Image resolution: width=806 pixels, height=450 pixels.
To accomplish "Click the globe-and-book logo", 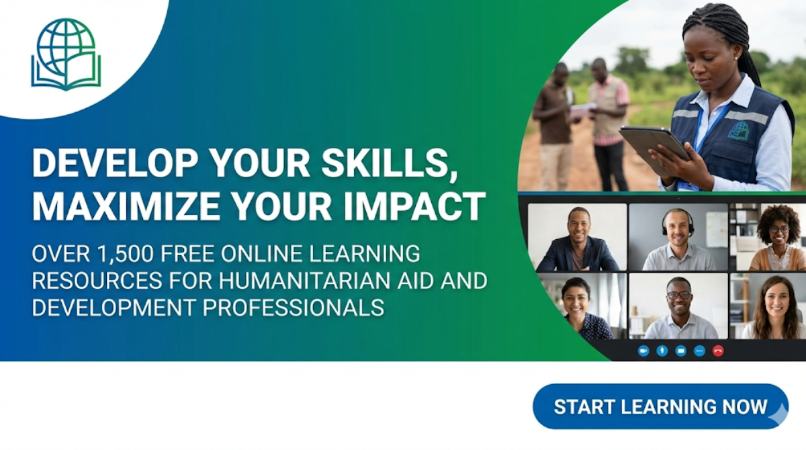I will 66,54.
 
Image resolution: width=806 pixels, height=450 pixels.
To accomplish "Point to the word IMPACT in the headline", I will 430,208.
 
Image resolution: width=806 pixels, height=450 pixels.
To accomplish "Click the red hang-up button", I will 718,351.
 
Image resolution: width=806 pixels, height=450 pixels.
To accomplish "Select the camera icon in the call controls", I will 643,351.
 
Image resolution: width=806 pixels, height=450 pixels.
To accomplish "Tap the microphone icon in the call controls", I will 662,351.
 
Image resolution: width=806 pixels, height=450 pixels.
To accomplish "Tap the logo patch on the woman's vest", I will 739,130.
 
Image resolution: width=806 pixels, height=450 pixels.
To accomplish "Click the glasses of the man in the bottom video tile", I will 678,294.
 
